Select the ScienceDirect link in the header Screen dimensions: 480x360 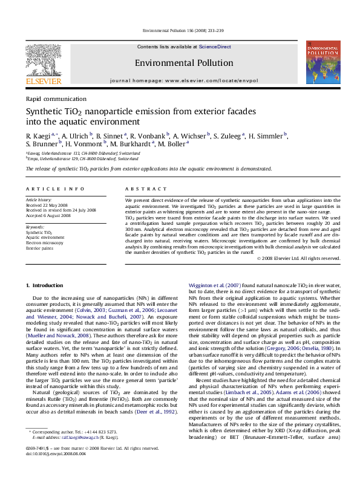click(x=215, y=47)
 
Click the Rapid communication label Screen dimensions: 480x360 click(x=56, y=99)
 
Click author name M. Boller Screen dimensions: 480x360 click(x=172, y=144)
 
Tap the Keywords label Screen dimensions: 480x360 click(x=35, y=227)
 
